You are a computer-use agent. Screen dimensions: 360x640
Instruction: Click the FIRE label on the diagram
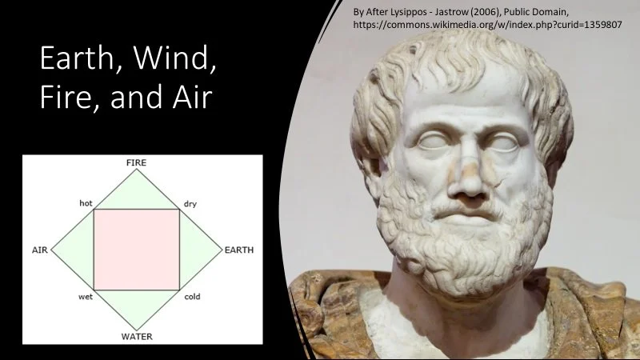coord(136,163)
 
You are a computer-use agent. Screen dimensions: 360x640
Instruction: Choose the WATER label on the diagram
coord(137,336)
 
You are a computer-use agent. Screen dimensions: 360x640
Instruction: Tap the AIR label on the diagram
coord(40,250)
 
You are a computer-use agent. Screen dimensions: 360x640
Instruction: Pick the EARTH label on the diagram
coord(238,250)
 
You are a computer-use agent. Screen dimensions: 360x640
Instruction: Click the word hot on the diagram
coord(86,203)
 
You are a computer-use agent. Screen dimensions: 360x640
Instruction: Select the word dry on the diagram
coord(190,204)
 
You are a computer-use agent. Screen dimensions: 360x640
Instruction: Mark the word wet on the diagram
coord(85,297)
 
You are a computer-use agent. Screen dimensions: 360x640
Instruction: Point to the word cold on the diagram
coord(192,297)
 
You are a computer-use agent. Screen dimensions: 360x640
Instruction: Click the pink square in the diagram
coord(136,249)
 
